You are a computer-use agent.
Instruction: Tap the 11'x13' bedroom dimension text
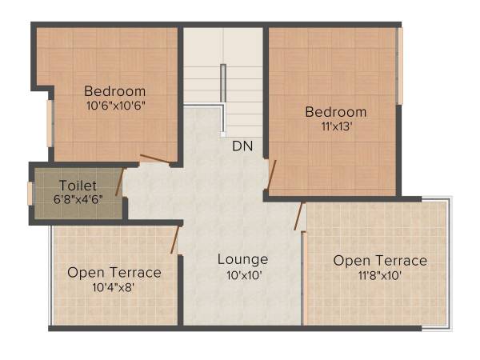[335, 126]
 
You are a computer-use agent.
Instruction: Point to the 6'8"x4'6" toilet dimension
[78, 198]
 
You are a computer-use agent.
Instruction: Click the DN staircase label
[242, 146]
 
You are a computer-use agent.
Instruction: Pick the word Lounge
[242, 259]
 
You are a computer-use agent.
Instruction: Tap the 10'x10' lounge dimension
[242, 274]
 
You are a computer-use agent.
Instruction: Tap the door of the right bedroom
[272, 176]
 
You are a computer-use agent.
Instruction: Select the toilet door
[119, 182]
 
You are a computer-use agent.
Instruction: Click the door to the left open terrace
[176, 238]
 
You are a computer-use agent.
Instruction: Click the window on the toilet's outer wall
[30, 194]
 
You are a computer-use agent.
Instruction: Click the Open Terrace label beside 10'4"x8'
[114, 273]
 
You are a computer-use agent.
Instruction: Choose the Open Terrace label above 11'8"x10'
[380, 261]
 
